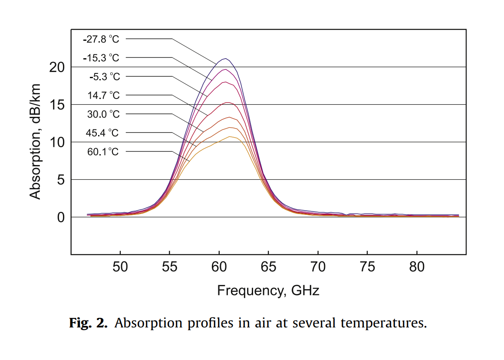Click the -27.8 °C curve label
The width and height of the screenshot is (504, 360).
tap(101, 39)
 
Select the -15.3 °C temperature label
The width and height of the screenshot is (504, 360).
tap(101, 58)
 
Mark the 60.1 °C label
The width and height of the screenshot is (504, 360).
tap(102, 152)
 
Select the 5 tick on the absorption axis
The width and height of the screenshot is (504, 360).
tap(61, 180)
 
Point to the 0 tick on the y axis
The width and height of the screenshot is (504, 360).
tap(61, 217)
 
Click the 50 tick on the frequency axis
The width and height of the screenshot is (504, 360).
tap(120, 267)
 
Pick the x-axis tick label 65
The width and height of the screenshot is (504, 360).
tap(269, 267)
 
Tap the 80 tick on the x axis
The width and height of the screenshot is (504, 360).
tap(417, 267)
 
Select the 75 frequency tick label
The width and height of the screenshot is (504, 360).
tap(368, 267)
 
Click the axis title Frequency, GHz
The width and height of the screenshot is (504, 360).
tap(268, 290)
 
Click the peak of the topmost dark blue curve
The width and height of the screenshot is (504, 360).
tap(225, 59)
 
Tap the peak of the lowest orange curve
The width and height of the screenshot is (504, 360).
tap(230, 136)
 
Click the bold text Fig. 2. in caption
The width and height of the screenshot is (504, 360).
tap(89, 324)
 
